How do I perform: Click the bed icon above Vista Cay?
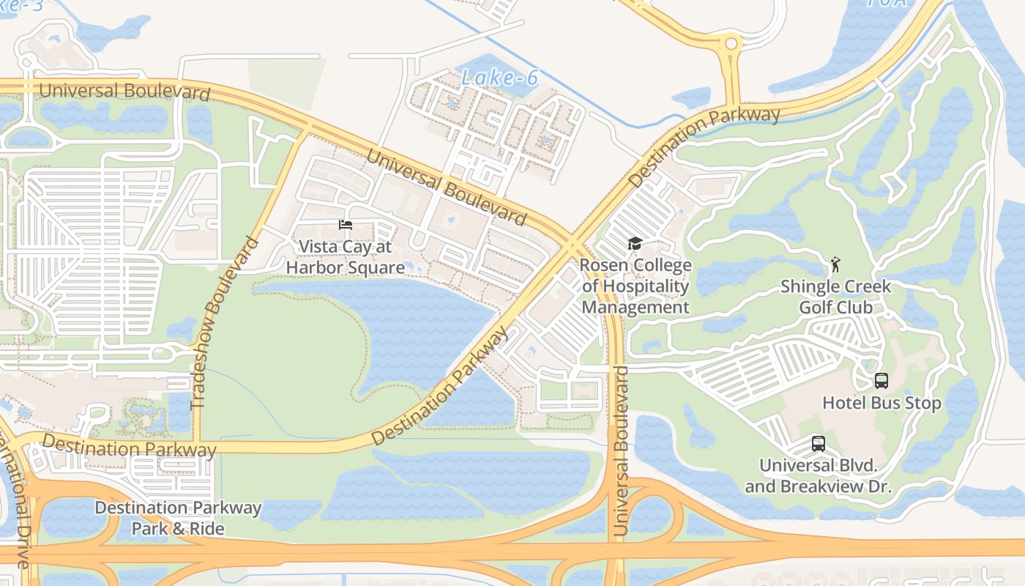(x=346, y=225)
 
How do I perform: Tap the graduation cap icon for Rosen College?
(x=635, y=243)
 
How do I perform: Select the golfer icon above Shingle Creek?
(x=835, y=264)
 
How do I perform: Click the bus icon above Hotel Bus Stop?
(x=881, y=381)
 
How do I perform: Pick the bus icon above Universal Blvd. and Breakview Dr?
(x=818, y=444)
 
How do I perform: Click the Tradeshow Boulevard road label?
(x=225, y=323)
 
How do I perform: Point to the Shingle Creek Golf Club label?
(x=835, y=297)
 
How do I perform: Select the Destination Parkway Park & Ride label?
(x=178, y=518)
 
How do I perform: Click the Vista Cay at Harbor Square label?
(x=345, y=257)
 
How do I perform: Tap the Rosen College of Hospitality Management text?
(x=635, y=286)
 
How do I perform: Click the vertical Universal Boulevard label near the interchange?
(x=620, y=450)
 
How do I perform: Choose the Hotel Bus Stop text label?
(x=881, y=403)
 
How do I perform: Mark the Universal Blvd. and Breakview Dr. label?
(x=818, y=476)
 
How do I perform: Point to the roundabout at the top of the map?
(x=730, y=45)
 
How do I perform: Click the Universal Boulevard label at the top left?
(x=124, y=92)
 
